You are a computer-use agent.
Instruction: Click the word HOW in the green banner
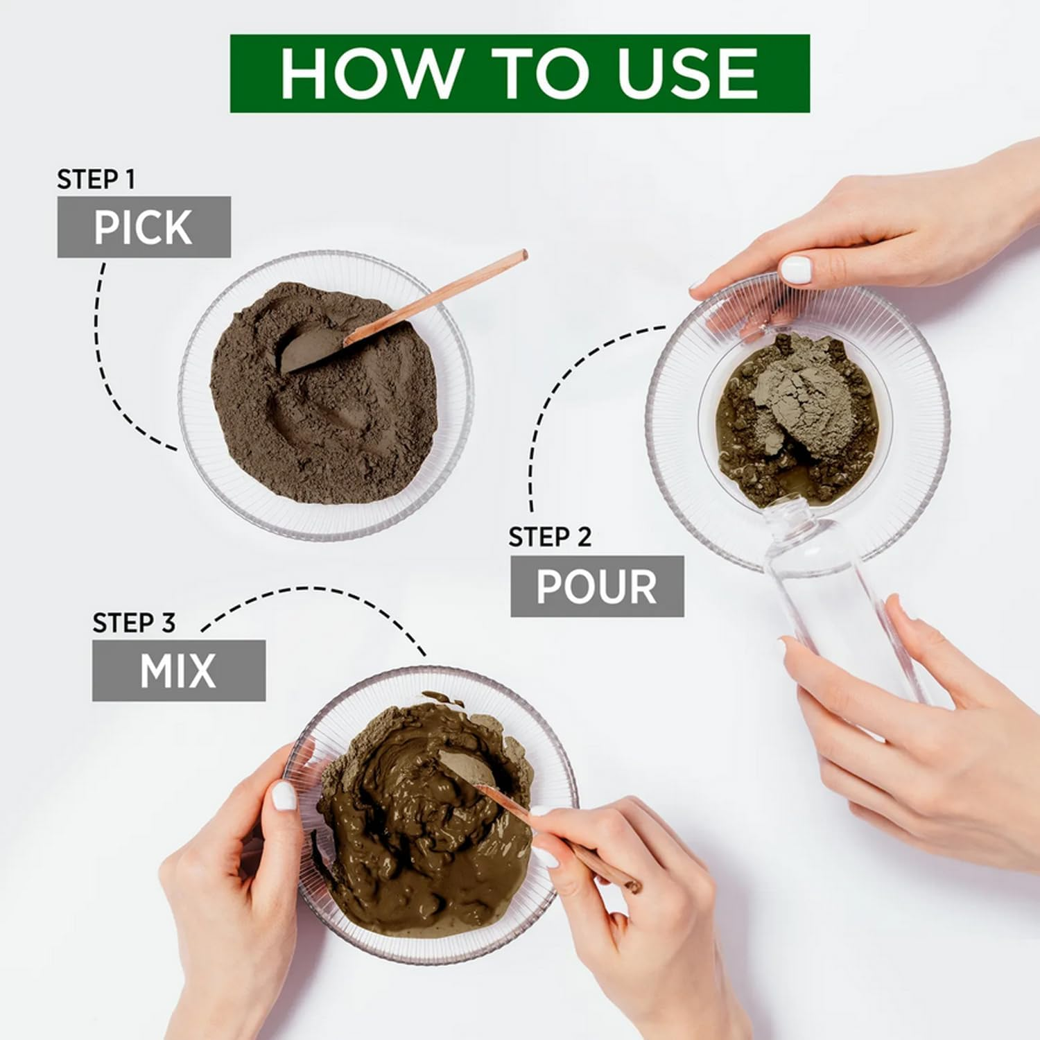point(372,73)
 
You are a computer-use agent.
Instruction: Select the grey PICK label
point(144,227)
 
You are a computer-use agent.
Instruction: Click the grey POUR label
point(597,587)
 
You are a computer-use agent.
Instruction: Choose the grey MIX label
point(179,670)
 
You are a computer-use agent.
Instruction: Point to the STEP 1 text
point(96,180)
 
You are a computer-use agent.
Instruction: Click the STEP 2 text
point(550,537)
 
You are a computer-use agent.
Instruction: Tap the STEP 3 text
point(134,623)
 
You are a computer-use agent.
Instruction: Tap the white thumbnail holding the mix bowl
point(284,795)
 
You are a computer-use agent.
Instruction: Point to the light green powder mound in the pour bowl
point(797,409)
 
